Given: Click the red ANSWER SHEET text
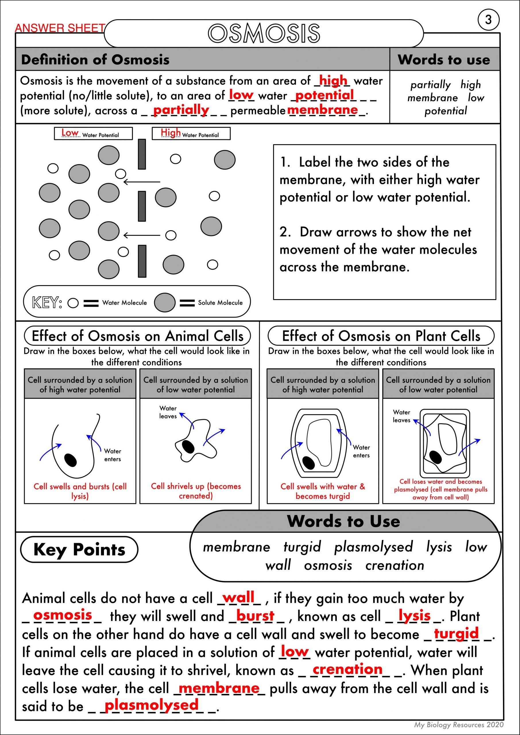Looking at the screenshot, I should [60, 28].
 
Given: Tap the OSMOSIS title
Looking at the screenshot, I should [264, 33].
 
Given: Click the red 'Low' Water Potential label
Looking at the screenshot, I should [70, 133].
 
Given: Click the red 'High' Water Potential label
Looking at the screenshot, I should [171, 133].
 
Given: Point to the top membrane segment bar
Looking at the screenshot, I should [142, 154].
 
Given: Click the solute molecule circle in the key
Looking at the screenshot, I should [165, 303].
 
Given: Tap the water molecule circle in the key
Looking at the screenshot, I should [73, 303].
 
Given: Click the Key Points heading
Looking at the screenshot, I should [79, 550].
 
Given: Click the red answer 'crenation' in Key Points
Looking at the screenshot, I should [347, 669].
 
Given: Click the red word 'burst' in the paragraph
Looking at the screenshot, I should [255, 616].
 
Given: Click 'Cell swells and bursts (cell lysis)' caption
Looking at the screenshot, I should [80, 491].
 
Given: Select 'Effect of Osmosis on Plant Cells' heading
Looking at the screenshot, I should [381, 336].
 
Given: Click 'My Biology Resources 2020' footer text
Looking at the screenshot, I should [459, 724].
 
